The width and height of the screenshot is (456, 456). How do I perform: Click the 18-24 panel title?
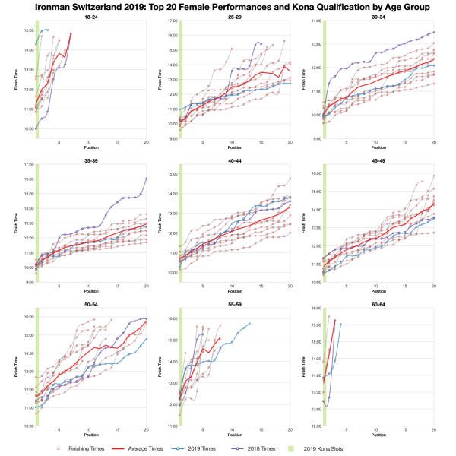point(90,17)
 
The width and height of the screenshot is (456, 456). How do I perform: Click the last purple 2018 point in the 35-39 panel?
point(146,178)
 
